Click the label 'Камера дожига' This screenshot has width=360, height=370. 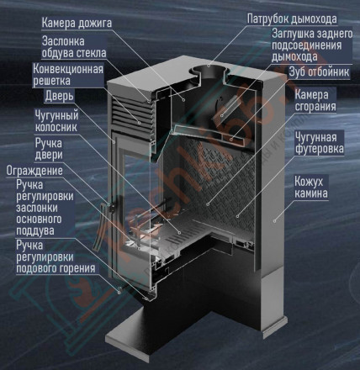click(80, 20)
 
